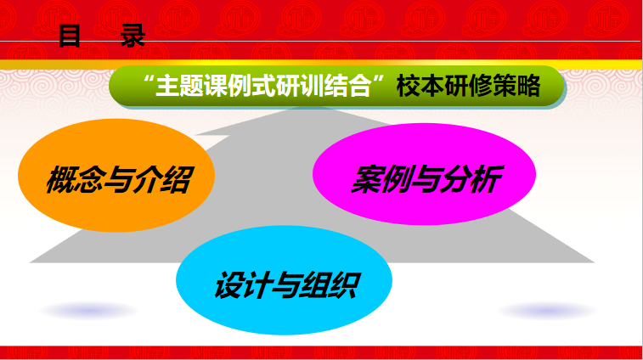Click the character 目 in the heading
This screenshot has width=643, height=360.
pyautogui.click(x=70, y=36)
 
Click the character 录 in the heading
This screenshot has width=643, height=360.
pyautogui.click(x=133, y=36)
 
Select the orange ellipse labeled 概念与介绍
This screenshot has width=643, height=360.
pyautogui.click(x=116, y=176)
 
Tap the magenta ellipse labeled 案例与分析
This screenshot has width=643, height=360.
pyautogui.click(x=424, y=174)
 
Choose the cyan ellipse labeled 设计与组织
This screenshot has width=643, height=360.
pyautogui.click(x=284, y=280)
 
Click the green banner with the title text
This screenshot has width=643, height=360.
pyautogui.click(x=336, y=86)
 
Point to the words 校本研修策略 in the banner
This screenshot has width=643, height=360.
pyautogui.click(x=468, y=86)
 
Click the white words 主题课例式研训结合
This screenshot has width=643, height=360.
pyautogui.click(x=263, y=86)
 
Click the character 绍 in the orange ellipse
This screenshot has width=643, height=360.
pyautogui.click(x=177, y=180)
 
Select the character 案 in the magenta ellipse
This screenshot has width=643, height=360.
pyautogui.click(x=367, y=179)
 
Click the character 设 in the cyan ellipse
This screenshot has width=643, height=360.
pyautogui.click(x=229, y=284)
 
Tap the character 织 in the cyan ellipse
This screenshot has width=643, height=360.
pyautogui.click(x=345, y=284)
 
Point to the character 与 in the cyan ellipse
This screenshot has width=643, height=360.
pyautogui.click(x=286, y=284)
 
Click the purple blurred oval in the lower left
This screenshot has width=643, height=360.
pyautogui.click(x=89, y=311)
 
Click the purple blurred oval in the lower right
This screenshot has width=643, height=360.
pyautogui.click(x=547, y=311)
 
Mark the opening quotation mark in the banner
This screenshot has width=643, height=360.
pyautogui.click(x=149, y=79)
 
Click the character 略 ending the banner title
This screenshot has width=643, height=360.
pyautogui.click(x=528, y=86)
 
